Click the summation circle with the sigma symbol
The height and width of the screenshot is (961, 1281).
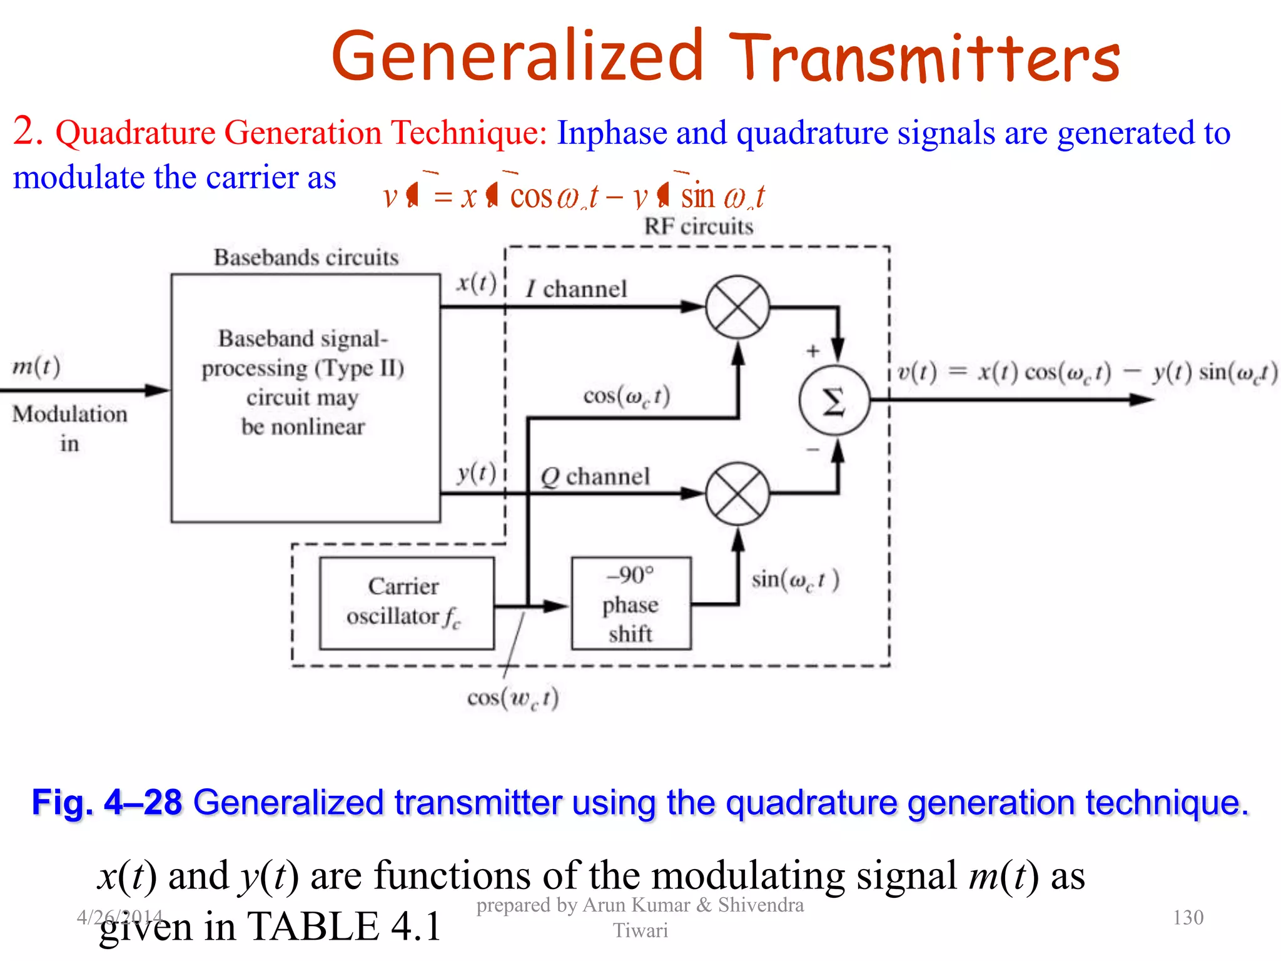tap(834, 400)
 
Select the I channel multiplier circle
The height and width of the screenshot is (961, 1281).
tap(737, 307)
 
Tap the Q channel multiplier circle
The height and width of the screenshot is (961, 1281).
tap(737, 494)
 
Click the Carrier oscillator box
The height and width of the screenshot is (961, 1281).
tap(407, 603)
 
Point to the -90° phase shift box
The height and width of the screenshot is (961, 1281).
tap(631, 604)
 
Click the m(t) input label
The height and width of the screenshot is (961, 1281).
tap(36, 366)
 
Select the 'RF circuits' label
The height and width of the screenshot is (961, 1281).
tap(699, 226)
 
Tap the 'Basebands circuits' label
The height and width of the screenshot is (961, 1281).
tap(306, 257)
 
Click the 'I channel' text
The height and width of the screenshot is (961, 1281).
tap(575, 289)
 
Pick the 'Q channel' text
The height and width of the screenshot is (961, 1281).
tap(595, 477)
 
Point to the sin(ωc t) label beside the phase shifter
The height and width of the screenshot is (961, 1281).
tap(795, 580)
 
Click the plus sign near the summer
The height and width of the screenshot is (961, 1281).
tap(813, 350)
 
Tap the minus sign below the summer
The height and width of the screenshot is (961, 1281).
tap(813, 449)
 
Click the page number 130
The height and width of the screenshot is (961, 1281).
tap(1188, 917)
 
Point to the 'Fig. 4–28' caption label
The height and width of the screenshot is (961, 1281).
tap(107, 802)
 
